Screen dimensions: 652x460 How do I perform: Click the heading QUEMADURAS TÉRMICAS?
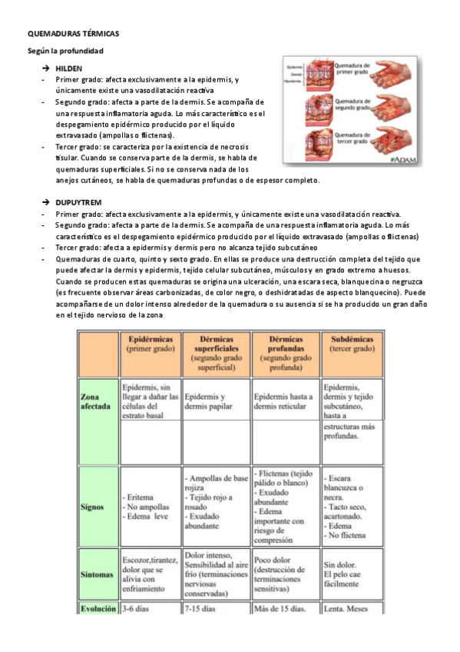tap(73, 35)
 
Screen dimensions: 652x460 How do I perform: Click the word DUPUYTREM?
tap(78, 201)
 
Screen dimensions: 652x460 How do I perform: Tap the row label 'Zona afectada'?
tap(96, 402)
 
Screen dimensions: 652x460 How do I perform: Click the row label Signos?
tap(91, 507)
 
